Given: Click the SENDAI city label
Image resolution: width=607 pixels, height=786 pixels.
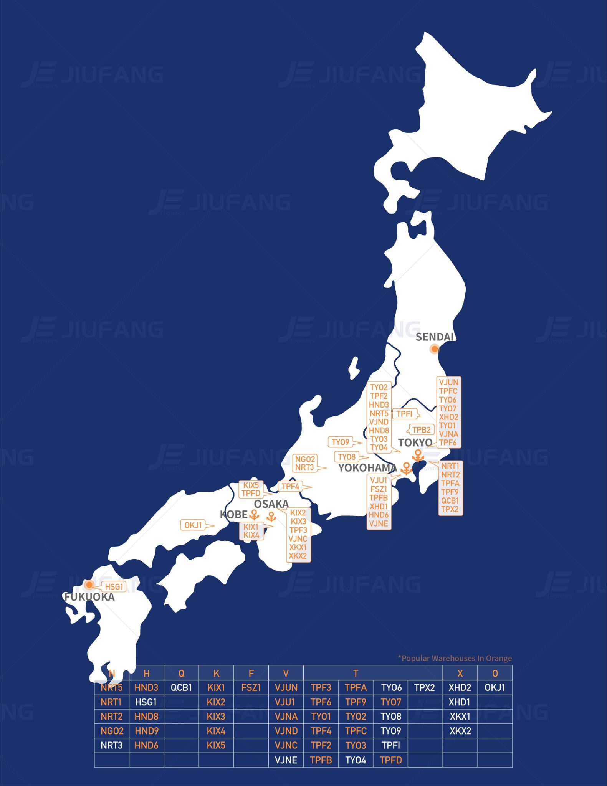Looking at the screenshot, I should [x=435, y=337].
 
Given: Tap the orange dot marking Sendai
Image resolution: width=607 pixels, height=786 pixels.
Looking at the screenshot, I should [x=434, y=349].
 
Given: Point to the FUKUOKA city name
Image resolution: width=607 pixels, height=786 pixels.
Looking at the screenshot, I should [x=89, y=597].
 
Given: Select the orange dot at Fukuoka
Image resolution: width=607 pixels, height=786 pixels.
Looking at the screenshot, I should [x=89, y=585].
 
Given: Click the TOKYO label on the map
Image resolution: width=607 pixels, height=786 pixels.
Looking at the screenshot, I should [x=415, y=443].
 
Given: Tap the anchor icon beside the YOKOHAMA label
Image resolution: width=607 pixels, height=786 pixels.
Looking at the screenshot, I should [x=406, y=468].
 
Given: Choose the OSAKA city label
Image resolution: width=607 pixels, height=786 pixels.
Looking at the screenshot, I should [x=271, y=504].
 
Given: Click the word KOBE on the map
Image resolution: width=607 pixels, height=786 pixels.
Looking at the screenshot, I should [x=233, y=514].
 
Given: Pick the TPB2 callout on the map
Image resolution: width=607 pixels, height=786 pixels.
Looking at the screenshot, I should [x=421, y=429].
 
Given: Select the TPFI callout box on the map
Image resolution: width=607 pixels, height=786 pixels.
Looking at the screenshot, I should [x=404, y=414].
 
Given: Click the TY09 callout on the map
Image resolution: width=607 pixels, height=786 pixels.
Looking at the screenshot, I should [x=341, y=442].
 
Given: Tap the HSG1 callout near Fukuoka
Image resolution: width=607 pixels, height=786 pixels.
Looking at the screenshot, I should [x=114, y=586].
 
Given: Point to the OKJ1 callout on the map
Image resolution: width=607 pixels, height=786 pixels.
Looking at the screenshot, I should [x=193, y=525].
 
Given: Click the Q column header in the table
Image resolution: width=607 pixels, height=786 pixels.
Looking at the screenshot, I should [x=181, y=673].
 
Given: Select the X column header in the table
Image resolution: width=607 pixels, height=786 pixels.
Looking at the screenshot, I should [x=460, y=673].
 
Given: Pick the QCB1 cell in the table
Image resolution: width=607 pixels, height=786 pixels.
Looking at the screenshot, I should [x=181, y=687].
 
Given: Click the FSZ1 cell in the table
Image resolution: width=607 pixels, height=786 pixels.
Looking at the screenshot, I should [x=251, y=687].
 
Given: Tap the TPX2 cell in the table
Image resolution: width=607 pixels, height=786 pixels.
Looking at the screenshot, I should [x=425, y=687].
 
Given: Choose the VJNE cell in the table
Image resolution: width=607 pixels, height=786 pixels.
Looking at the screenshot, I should [x=286, y=760].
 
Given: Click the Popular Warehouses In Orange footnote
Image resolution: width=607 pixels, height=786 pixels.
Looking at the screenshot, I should [x=455, y=658].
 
